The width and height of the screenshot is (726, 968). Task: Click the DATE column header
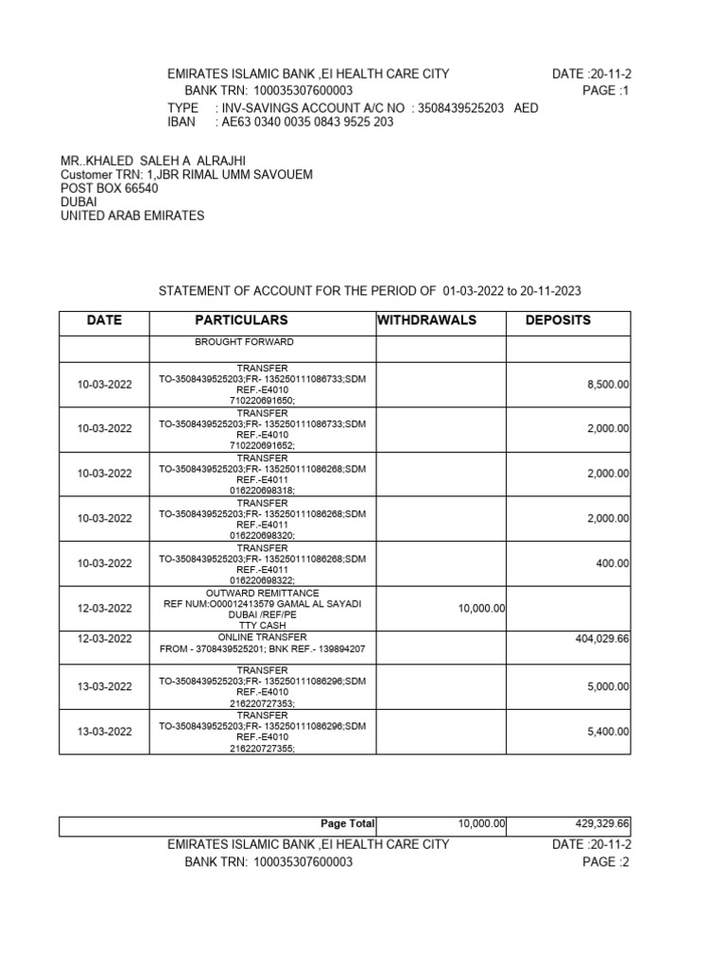[x=104, y=320]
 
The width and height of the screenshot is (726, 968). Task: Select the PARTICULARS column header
[x=241, y=320]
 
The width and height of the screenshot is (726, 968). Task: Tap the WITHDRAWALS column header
[x=426, y=320]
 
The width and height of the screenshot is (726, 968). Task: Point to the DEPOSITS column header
[x=558, y=320]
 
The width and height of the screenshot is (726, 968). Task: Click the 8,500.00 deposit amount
[x=608, y=385]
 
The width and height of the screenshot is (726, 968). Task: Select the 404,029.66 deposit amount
[x=602, y=639]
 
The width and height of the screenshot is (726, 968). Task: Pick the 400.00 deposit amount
[x=613, y=563]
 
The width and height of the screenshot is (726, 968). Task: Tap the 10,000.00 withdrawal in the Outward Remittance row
[x=482, y=610]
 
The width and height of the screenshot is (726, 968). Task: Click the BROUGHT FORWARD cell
[x=244, y=341]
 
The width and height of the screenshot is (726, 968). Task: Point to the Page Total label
[x=348, y=824]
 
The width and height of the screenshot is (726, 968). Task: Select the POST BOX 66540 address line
[x=110, y=189]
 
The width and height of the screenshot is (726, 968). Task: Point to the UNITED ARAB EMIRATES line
[x=132, y=216]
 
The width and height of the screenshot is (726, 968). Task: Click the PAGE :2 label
[x=605, y=862]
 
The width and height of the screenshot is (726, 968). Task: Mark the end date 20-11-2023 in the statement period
[x=561, y=291]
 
